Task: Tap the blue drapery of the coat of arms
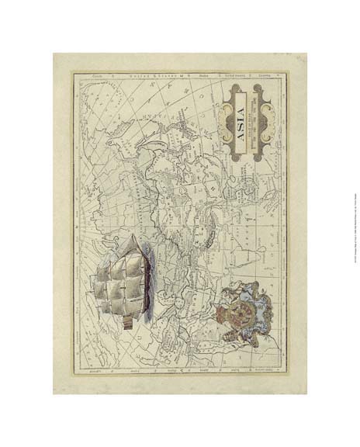260,310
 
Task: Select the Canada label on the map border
97,76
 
